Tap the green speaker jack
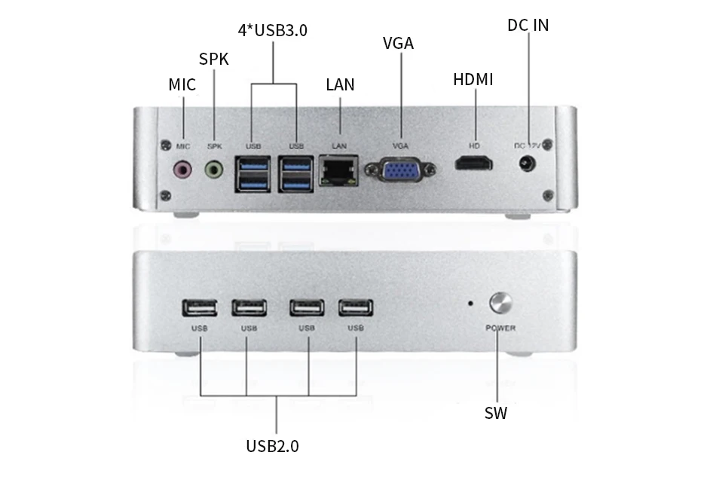pos(215,170)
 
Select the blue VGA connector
pos(399,171)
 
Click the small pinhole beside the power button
pos(471,304)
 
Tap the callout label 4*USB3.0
pos(273,30)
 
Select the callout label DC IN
pos(528,25)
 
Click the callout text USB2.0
pos(272,446)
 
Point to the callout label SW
pos(495,413)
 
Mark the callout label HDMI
pos(473,79)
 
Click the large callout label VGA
pos(398,43)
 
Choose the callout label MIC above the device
pos(182,84)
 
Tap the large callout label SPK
pos(213,59)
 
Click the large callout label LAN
pos(340,84)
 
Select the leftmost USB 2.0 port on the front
pos(200,307)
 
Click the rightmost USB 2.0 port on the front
pos(355,307)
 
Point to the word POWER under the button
pos(500,328)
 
